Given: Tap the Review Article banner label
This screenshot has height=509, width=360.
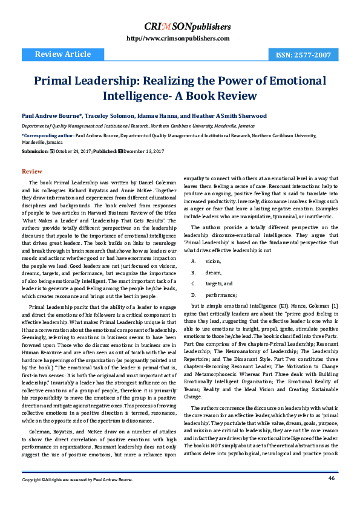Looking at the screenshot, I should pyautogui.click(x=63, y=55).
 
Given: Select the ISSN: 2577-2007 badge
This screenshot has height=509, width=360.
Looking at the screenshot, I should pyautogui.click(x=303, y=55).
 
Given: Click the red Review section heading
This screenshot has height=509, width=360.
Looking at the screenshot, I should pyautogui.click(x=31, y=172).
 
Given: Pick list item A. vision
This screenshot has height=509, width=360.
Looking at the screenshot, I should pyautogui.click(x=209, y=261).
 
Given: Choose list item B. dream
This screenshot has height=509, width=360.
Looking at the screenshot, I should pyautogui.click(x=209, y=272).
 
